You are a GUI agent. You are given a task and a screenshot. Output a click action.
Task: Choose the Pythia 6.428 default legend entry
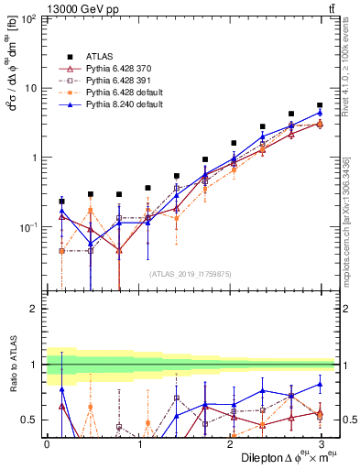click(122, 93)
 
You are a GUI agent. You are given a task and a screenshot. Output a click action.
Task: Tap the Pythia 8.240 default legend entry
click(122, 105)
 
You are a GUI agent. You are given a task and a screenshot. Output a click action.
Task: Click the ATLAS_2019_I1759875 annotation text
click(191, 273)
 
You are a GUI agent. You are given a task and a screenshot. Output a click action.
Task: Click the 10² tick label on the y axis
click(28, 19)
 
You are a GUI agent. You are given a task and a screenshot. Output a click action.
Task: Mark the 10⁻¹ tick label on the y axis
click(28, 226)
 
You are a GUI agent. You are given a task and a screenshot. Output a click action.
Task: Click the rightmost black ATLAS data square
click(320, 105)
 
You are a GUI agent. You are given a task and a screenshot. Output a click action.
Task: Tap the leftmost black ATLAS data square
click(61, 201)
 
